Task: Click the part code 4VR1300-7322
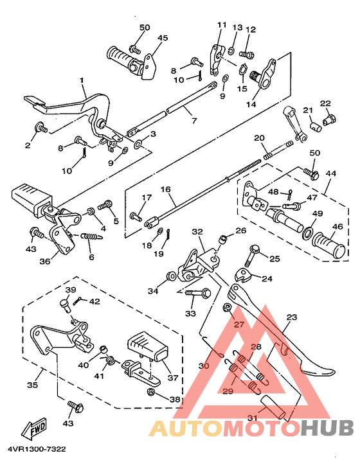pos(37,449)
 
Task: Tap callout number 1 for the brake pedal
pos(82,81)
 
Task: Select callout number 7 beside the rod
pos(194,121)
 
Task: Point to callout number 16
pos(165,190)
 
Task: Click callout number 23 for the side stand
pos(292,317)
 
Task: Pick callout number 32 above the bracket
pos(197,231)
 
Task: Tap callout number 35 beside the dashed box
pos(33,384)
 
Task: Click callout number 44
pos(331,173)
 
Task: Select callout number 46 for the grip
pos(338,226)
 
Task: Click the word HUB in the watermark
pos(327,428)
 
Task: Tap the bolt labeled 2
pos(41,128)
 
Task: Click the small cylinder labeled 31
pos(274,406)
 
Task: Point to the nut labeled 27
pos(228,308)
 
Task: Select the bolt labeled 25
pos(253,256)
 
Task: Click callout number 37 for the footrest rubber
pos(173,378)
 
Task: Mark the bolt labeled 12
pos(247,55)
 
